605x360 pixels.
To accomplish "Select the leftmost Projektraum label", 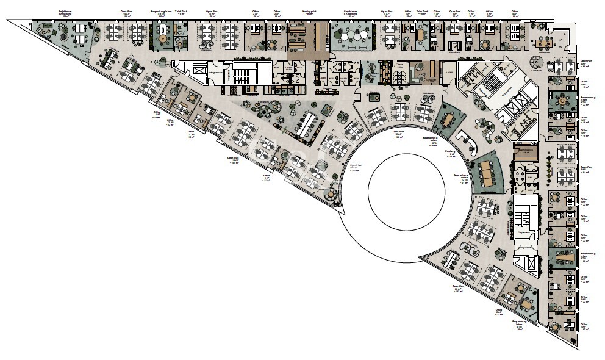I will pyautogui.click(x=64, y=13).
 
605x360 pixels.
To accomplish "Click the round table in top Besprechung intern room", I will pyautogui.click(x=163, y=38).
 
